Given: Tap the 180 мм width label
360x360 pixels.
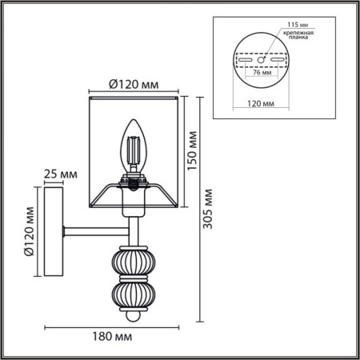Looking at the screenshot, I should pos(104,338).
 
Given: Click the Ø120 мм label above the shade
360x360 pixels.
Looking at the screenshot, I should pos(133,82).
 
